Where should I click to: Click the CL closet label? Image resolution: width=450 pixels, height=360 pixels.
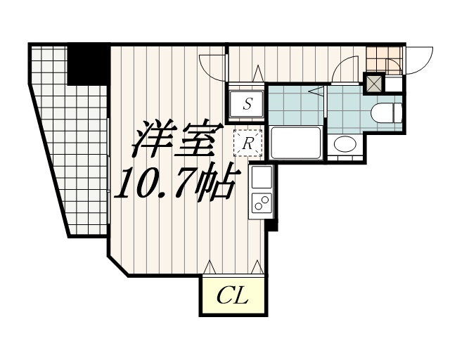[232, 296]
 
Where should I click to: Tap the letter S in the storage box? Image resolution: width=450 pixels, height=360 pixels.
[247, 103]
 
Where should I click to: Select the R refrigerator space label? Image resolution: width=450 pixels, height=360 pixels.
[247, 143]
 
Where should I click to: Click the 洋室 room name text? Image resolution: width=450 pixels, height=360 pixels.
[177, 139]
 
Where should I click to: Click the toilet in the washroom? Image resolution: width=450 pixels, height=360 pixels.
[386, 113]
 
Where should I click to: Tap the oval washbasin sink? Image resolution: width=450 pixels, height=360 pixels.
[345, 143]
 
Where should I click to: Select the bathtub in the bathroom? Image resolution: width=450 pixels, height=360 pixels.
[295, 143]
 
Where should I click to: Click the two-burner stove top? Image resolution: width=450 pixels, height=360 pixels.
[262, 202]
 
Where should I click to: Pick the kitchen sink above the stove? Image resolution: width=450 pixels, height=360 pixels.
[262, 177]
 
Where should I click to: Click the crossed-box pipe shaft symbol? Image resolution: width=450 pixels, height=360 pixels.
[374, 83]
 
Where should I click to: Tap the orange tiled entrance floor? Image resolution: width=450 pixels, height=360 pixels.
[384, 60]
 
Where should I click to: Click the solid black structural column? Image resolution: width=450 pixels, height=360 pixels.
[89, 64]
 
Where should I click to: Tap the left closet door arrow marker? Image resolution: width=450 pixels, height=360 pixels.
[210, 266]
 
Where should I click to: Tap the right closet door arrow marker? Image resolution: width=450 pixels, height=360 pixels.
[257, 266]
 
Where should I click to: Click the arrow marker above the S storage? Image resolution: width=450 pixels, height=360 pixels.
[258, 74]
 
